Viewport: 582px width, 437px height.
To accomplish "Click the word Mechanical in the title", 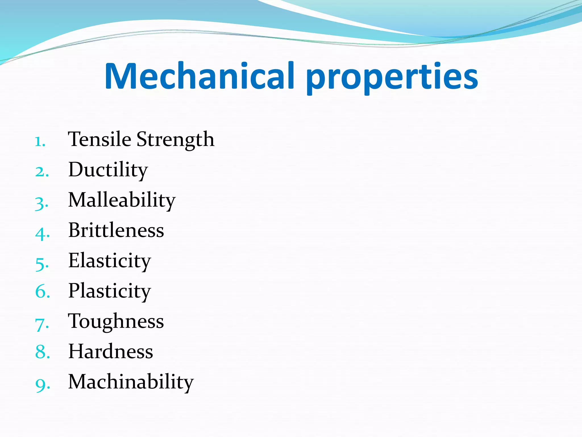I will point(199,76).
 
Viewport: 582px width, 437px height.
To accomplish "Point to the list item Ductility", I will point(108,170).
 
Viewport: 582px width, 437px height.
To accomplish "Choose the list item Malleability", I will point(122,200).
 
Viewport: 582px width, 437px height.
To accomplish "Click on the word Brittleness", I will point(116,230).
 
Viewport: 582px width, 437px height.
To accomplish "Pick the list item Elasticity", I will point(109,261).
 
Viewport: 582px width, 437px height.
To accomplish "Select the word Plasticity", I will point(109,291).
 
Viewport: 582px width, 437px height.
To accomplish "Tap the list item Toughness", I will point(116,322).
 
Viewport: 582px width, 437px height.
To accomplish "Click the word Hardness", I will point(111,352).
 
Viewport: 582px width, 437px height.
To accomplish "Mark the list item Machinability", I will point(131,382).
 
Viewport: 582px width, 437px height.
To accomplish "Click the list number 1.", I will point(40,142).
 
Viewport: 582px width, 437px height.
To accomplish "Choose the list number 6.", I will point(41,292).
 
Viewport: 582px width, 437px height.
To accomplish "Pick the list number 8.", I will point(41,352).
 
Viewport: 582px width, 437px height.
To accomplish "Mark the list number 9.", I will point(41,385).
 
